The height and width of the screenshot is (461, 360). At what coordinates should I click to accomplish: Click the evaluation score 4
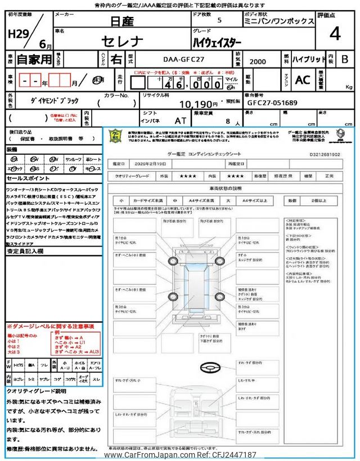(x=335, y=34)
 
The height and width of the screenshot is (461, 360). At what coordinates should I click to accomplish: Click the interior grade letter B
(x=345, y=59)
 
